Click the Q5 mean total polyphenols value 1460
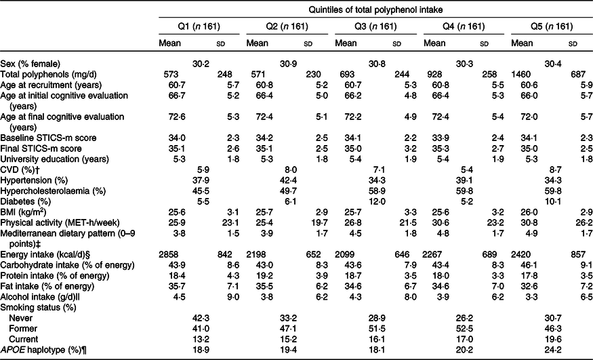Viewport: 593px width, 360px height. pos(521,75)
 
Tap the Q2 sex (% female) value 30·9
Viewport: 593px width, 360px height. pos(289,64)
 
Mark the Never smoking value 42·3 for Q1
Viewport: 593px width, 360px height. pos(201,318)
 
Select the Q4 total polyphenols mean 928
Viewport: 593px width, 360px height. pos(431,75)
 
